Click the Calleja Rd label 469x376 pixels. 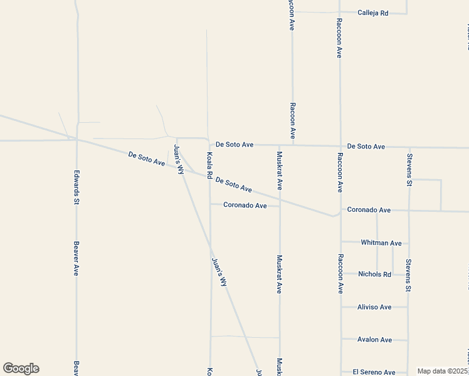click(x=373, y=13)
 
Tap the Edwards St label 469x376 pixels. click(x=76, y=187)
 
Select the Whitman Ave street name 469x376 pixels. click(x=381, y=243)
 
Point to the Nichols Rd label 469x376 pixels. click(x=374, y=274)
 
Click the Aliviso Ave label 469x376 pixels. click(x=374, y=307)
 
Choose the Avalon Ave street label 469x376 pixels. click(x=374, y=340)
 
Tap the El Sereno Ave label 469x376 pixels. click(x=374, y=372)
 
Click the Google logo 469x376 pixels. click(x=21, y=368)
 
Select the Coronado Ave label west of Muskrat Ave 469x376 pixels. click(x=245, y=205)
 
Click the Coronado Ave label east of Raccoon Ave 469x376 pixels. click(x=369, y=210)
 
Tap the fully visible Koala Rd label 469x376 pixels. click(x=210, y=164)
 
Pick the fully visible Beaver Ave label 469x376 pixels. click(x=76, y=259)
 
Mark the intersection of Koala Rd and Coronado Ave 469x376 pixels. click(x=210, y=204)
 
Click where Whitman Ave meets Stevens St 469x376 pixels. click(x=408, y=243)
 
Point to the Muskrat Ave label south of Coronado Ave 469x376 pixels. click(x=280, y=274)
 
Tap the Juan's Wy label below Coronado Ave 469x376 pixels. click(x=219, y=272)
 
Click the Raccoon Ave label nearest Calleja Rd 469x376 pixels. click(x=339, y=38)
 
